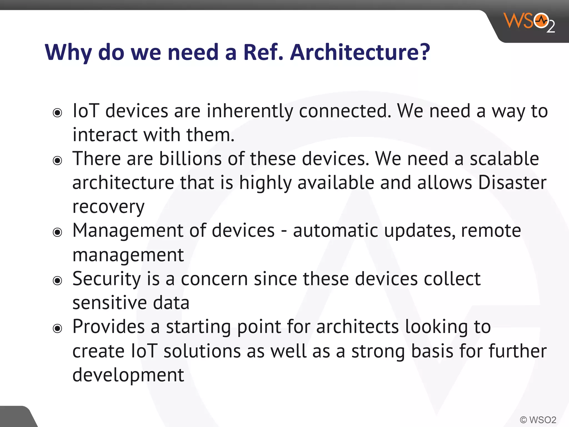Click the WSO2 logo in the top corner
[x=529, y=22]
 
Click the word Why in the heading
[x=68, y=53]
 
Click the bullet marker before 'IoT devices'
[x=58, y=113]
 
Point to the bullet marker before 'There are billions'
[x=58, y=161]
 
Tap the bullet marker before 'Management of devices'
[x=58, y=232]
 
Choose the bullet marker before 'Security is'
[x=58, y=280]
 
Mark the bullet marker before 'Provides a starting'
[x=58, y=329]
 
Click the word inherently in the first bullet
[x=249, y=111]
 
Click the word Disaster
[x=512, y=183]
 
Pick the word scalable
[x=504, y=159]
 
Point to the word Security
[x=107, y=279]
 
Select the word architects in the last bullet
[x=357, y=327]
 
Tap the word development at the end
[x=128, y=375]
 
